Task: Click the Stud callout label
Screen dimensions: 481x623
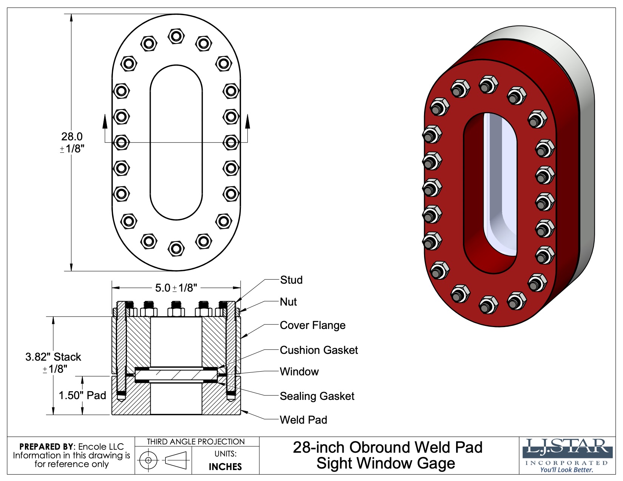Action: (291, 280)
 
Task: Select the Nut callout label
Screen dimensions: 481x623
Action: (288, 302)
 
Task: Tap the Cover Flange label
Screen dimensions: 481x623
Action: (312, 325)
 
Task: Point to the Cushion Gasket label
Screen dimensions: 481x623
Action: (319, 350)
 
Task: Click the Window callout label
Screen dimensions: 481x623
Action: (299, 372)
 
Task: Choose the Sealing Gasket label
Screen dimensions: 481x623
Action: (317, 396)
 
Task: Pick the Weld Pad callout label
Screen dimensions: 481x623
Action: (303, 420)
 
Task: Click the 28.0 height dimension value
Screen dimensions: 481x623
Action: (72, 137)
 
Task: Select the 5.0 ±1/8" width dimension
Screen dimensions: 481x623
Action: (176, 288)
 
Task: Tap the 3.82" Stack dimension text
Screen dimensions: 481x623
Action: (53, 357)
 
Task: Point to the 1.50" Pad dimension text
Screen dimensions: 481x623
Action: (82, 395)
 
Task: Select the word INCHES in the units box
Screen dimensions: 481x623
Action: (225, 467)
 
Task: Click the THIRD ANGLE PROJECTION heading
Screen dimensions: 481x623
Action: (196, 442)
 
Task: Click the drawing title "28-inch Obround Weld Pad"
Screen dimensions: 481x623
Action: (387, 447)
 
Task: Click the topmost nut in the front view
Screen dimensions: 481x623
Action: (176, 36)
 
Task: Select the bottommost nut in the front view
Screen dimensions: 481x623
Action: (176, 248)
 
